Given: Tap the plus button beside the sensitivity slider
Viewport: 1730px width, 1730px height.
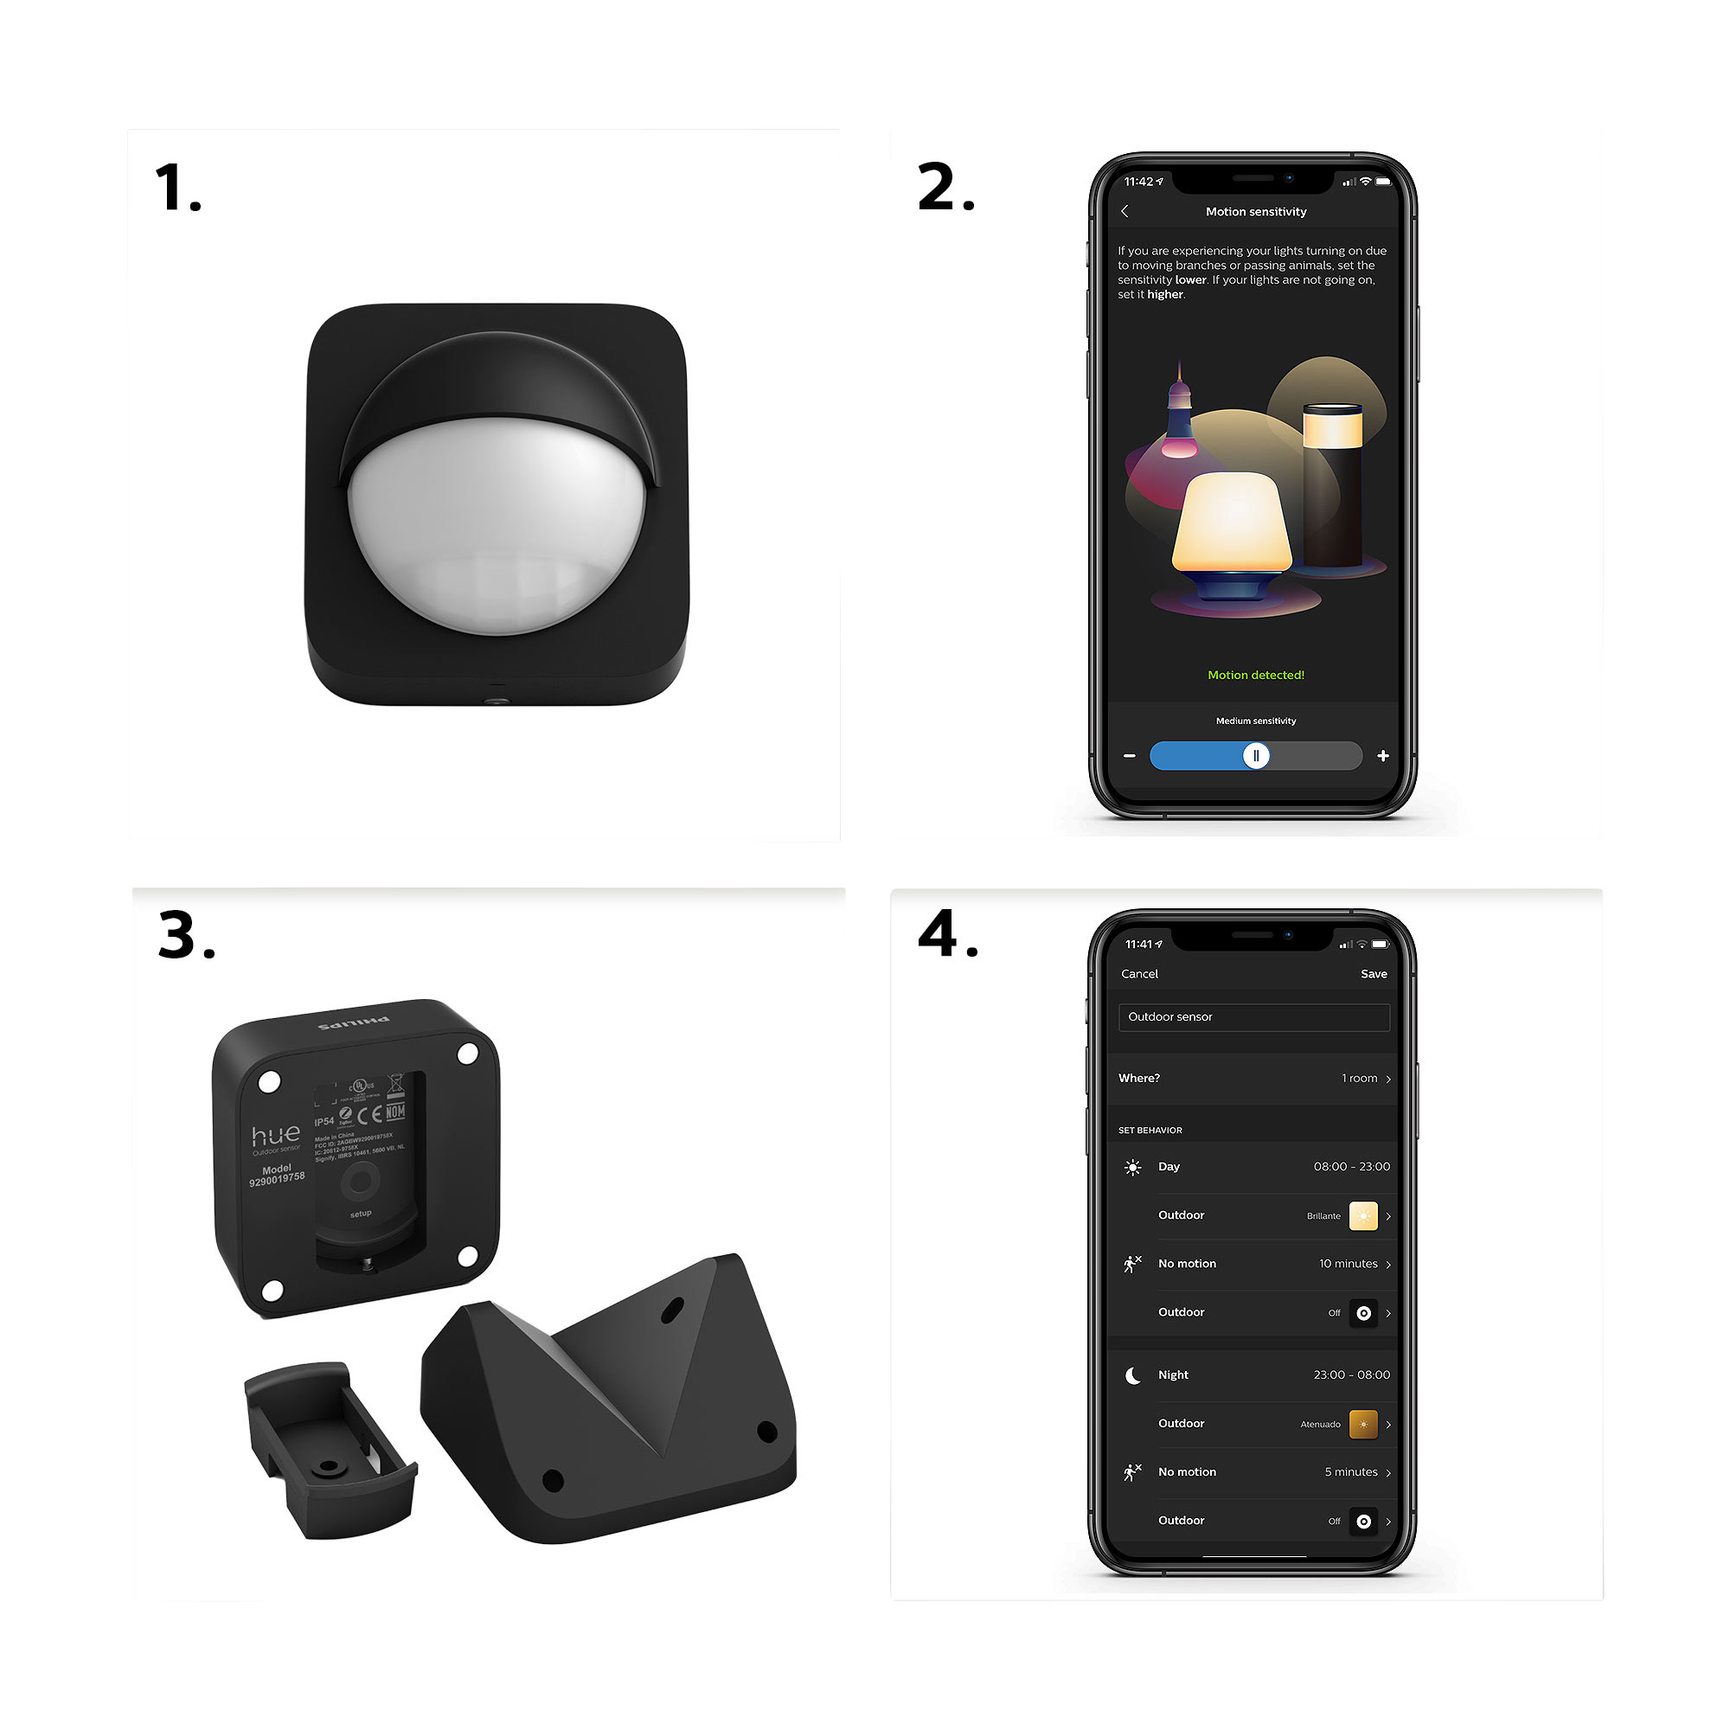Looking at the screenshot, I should pyautogui.click(x=1382, y=756).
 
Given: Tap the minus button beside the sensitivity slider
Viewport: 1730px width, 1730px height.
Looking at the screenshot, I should pyautogui.click(x=1129, y=756).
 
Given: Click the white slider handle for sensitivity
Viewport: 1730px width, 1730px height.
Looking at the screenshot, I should pyautogui.click(x=1255, y=756).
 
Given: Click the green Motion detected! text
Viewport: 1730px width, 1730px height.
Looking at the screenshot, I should pyautogui.click(x=1255, y=676).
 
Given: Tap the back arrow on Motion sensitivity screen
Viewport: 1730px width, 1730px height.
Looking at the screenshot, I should pyautogui.click(x=1124, y=211).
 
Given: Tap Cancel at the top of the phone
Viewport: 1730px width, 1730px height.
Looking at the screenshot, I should pyautogui.click(x=1139, y=973).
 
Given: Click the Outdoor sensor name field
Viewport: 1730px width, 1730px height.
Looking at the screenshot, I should pyautogui.click(x=1253, y=1016).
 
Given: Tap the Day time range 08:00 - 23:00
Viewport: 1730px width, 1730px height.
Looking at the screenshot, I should pyautogui.click(x=1350, y=1166).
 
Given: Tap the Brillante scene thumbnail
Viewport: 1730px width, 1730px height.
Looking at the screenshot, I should pyautogui.click(x=1363, y=1216).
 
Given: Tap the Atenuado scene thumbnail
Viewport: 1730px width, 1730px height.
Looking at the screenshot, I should pyautogui.click(x=1363, y=1424).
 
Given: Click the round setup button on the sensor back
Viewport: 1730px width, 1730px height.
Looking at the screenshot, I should pyautogui.click(x=360, y=1182).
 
